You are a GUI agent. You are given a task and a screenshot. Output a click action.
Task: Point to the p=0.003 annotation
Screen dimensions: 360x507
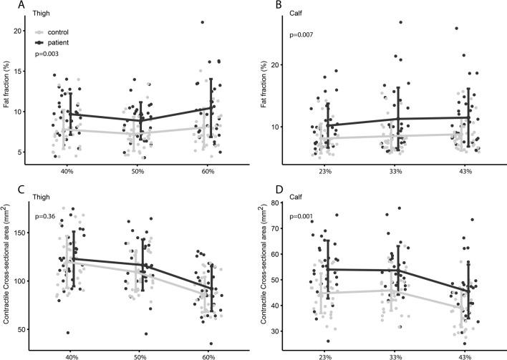click(49, 54)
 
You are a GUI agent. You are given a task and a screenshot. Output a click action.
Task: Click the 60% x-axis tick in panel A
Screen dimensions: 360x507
click(211, 172)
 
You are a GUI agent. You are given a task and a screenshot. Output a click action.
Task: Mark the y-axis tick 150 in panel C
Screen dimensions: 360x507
click(24, 233)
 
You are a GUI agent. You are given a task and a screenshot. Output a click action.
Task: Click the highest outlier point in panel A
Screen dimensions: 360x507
click(203, 22)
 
